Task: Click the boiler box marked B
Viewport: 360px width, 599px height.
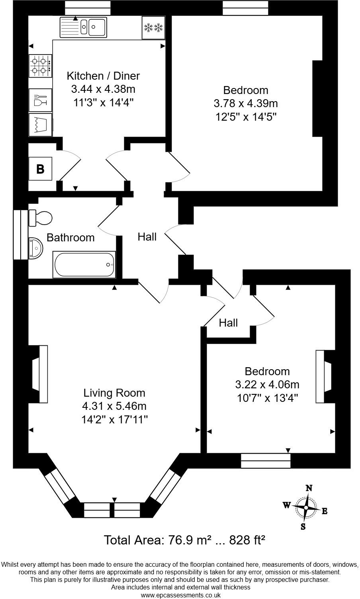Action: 40,169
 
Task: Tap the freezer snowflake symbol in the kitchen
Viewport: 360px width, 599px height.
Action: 153,28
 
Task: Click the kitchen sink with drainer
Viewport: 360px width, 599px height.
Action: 84,27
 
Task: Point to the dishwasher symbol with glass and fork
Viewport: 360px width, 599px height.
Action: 40,100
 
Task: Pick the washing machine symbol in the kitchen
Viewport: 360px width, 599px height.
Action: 40,125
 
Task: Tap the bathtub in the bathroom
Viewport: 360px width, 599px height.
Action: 84,265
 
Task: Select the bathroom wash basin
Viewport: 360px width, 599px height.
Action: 36,249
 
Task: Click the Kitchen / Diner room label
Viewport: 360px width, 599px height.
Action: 103,76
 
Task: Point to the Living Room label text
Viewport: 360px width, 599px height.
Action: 114,393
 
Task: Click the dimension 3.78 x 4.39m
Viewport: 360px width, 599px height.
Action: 245,104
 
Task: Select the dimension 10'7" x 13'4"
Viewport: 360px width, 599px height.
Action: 267,398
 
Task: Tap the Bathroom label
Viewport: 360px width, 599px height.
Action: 70,238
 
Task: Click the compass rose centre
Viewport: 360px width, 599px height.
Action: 305,507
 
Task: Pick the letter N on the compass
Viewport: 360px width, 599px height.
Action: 308,488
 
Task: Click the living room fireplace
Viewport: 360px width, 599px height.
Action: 40,374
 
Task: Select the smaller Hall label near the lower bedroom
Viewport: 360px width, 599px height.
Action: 228,323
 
